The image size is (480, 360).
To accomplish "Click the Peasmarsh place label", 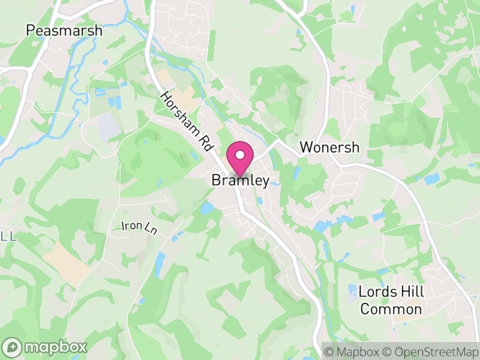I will [x=64, y=30].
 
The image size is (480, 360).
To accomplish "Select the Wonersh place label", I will [x=329, y=147].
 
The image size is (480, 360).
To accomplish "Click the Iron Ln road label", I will [x=139, y=227].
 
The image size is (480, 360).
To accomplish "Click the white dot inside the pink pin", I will [x=240, y=155].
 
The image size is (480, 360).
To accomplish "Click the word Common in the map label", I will [x=391, y=310].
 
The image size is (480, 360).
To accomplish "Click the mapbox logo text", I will [x=55, y=347].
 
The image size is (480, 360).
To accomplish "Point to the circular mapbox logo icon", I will [x=13, y=347].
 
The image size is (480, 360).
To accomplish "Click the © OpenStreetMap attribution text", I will [x=430, y=351].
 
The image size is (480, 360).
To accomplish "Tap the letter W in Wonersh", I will [x=306, y=147].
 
